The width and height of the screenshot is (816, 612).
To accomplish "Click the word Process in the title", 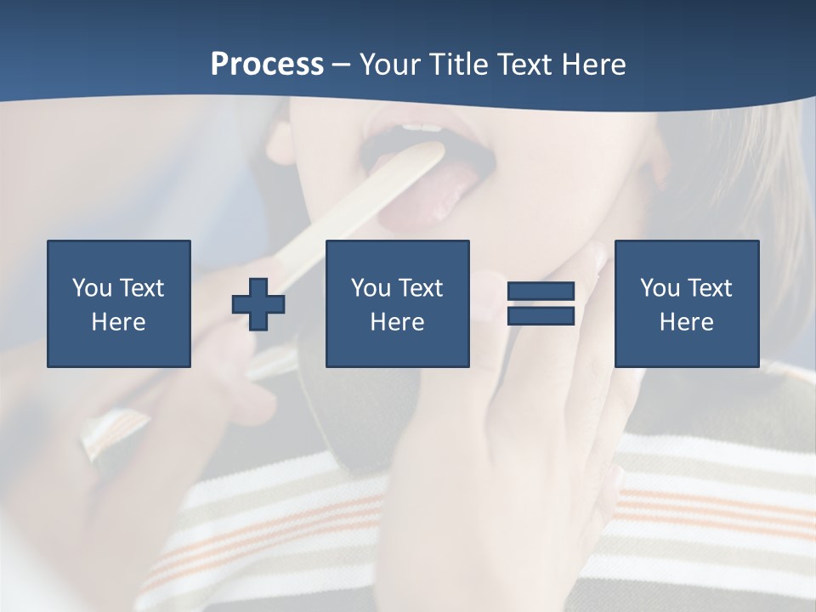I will tap(267, 65).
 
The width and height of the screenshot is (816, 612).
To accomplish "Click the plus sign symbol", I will tap(258, 303).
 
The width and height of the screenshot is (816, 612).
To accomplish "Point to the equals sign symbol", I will tap(541, 303).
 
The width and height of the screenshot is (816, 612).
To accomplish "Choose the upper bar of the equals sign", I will tap(541, 292).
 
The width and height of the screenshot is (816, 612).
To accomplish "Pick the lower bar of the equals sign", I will tap(541, 315).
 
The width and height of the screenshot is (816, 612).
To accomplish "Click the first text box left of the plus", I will tap(119, 303).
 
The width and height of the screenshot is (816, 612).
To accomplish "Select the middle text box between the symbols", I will tap(397, 303).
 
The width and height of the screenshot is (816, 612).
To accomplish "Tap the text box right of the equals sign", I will tap(687, 303).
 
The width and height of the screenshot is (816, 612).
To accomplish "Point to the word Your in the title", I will tap(389, 65).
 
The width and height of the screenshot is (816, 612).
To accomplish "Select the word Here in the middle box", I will tap(397, 322).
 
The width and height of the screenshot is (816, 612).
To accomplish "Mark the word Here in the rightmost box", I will tap(687, 322).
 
